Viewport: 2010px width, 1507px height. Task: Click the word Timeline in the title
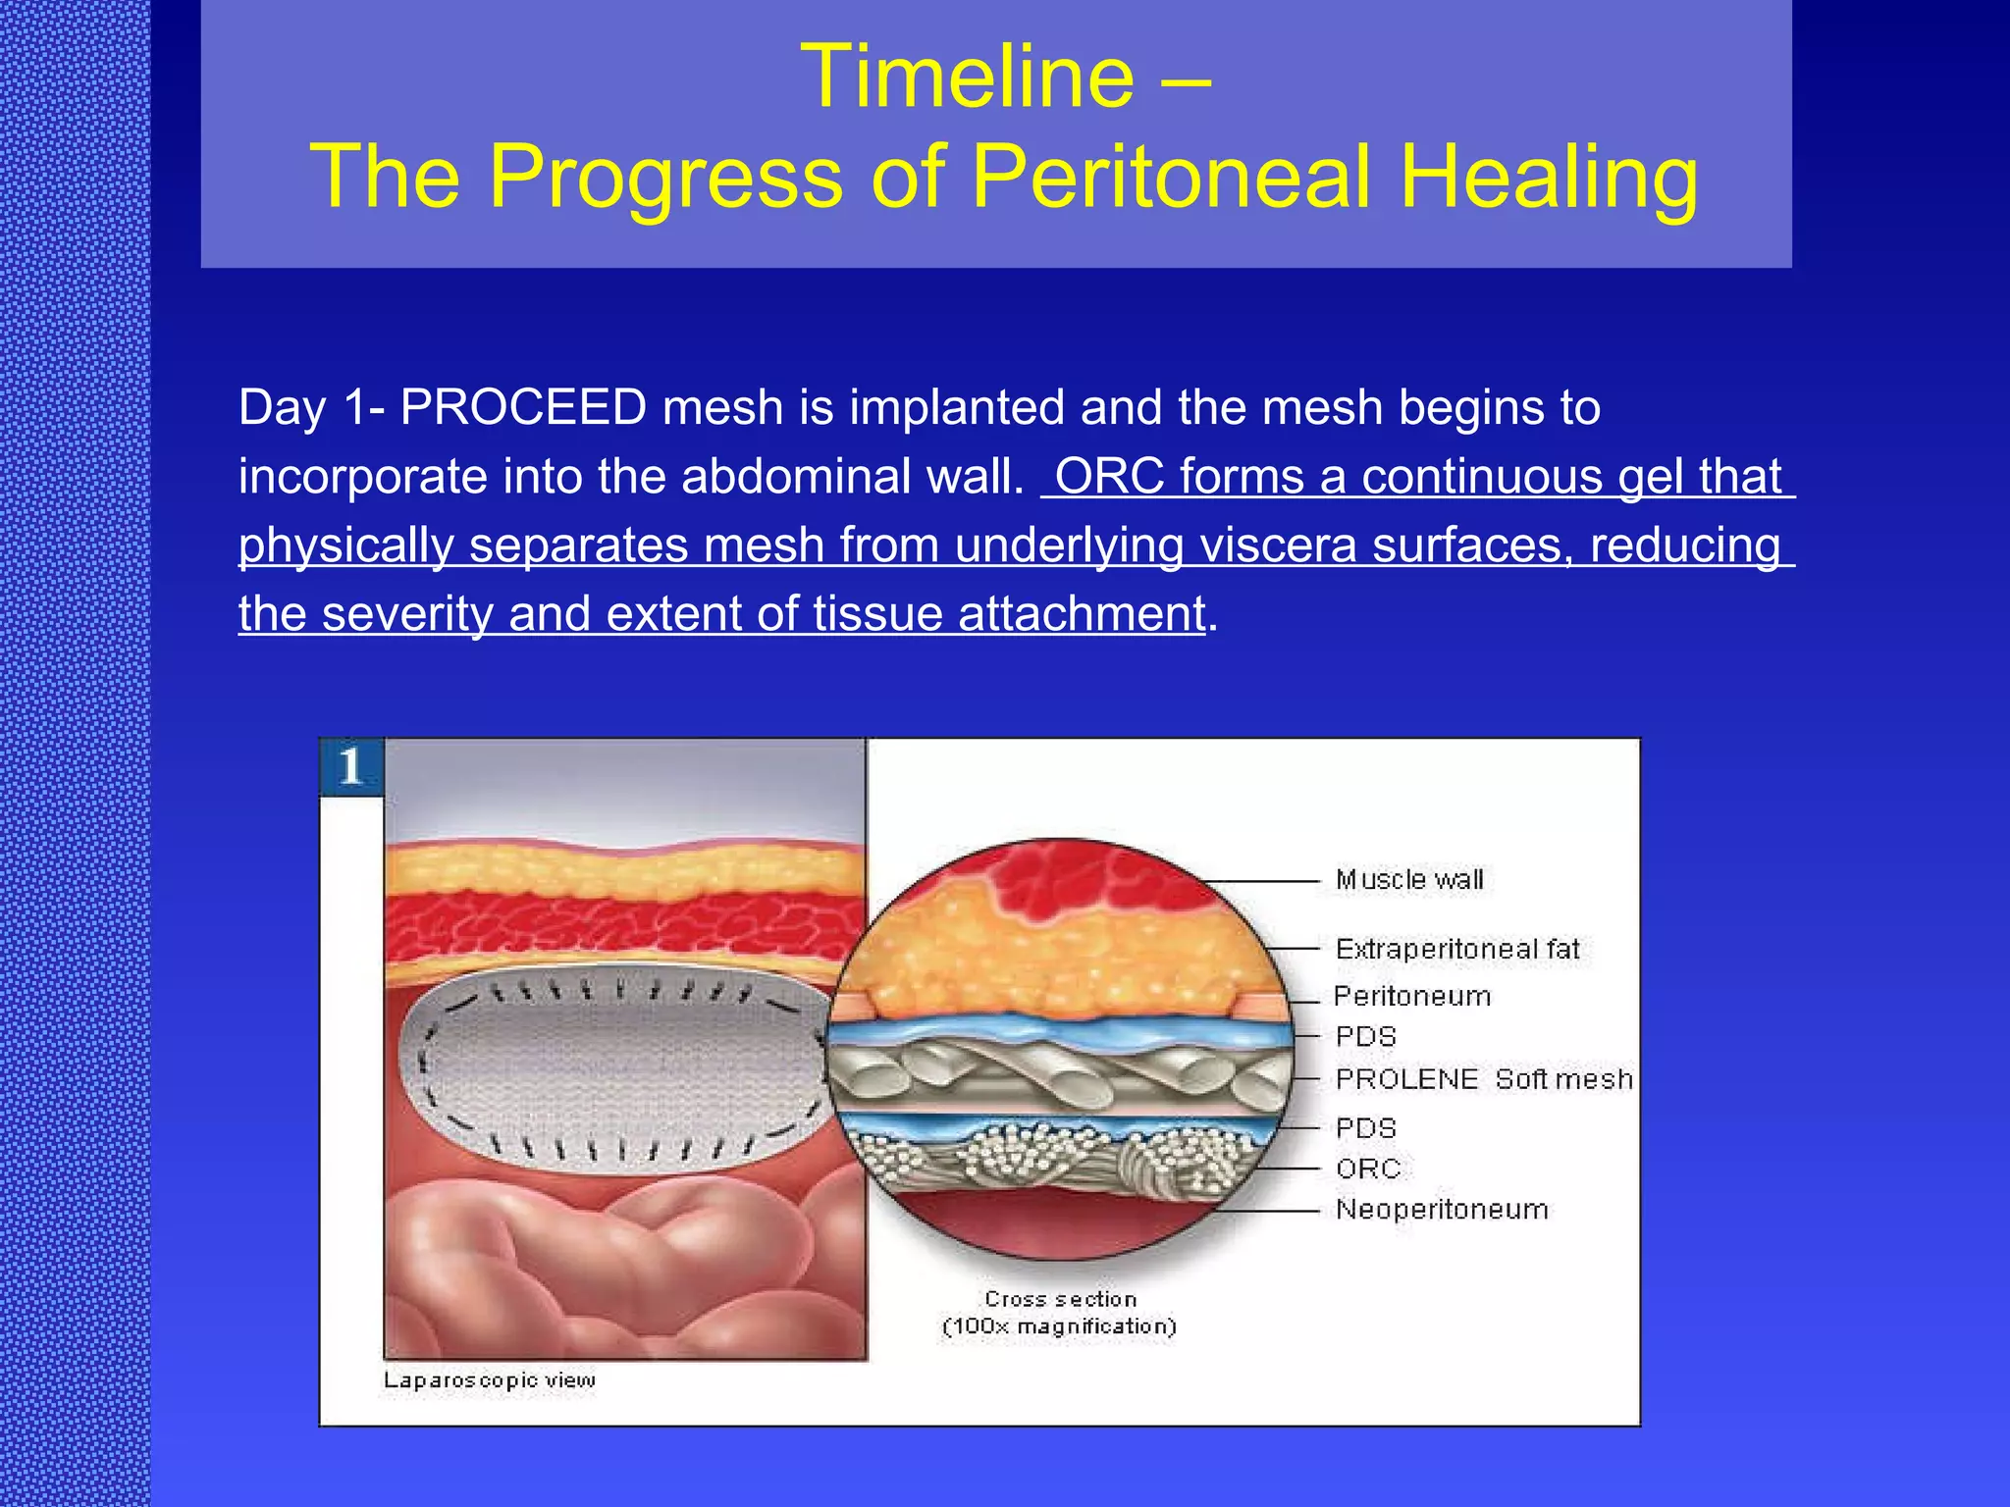pos(967,78)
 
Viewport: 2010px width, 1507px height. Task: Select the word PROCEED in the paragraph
pos(523,407)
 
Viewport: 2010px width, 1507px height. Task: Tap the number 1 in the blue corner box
pos(350,766)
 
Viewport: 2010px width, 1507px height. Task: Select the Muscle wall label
pos(1409,880)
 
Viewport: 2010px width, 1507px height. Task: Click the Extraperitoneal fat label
pos(1457,950)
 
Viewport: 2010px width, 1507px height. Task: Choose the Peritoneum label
pos(1412,997)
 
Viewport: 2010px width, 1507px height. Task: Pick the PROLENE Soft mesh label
pos(1483,1079)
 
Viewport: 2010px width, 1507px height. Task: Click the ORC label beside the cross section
pos(1368,1169)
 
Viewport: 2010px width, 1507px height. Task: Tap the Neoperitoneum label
pos(1442,1210)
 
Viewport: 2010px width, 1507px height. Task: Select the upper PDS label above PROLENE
pos(1365,1037)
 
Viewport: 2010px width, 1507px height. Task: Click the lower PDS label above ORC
pos(1365,1128)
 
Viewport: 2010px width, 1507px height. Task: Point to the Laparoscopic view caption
pos(489,1380)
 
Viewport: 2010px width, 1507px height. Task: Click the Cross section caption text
pos(1060,1299)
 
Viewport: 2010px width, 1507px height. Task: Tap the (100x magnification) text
pos(1059,1327)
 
